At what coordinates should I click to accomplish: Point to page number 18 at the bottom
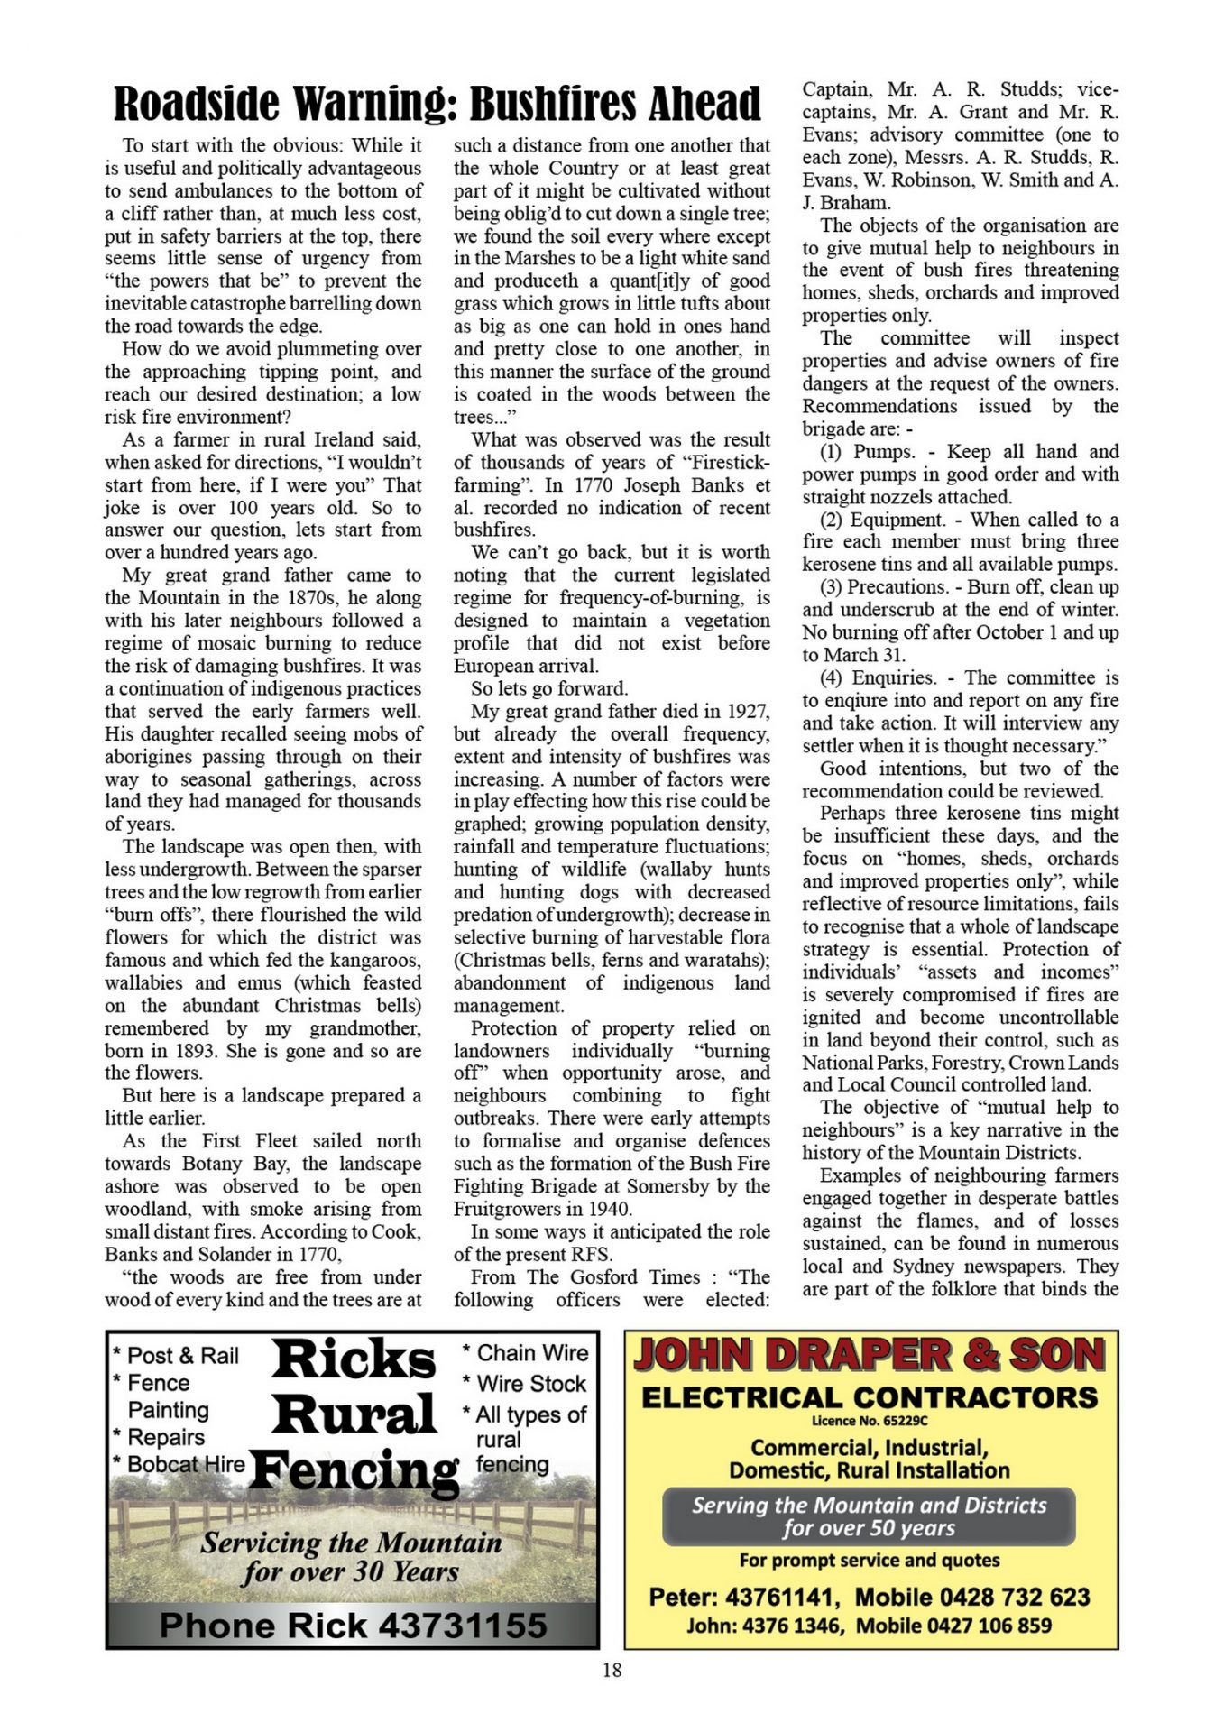tap(612, 1670)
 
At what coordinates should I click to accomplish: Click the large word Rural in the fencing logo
tap(354, 1413)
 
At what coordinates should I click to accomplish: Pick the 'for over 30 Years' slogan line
tap(350, 1572)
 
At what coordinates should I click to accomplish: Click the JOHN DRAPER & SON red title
tap(870, 1356)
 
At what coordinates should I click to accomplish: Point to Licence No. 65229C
tap(870, 1421)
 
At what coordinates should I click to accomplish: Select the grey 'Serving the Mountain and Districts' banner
tap(869, 1515)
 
